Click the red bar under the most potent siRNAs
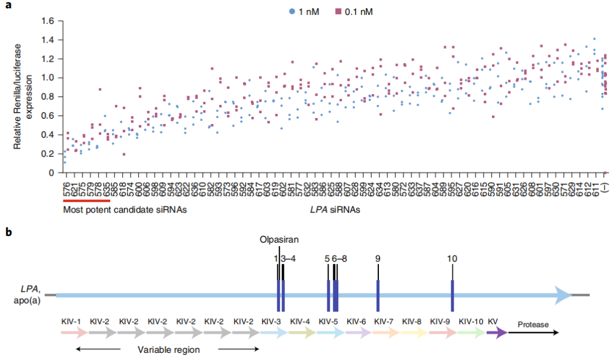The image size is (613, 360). point(86,201)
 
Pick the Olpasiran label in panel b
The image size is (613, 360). point(279,240)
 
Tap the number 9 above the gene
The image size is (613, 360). point(378,258)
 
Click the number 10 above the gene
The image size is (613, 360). point(452,258)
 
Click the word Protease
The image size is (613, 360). point(533,324)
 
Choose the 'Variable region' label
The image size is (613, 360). point(168,350)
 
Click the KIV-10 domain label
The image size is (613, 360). point(471,321)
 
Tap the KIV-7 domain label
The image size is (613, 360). point(384,321)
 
